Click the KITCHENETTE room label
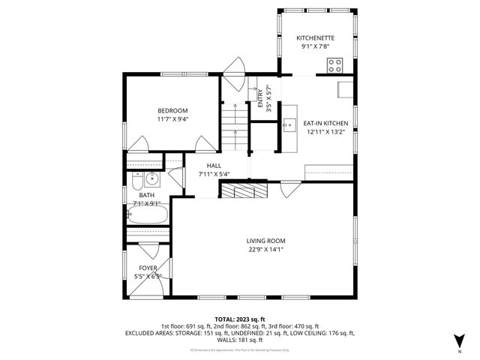(x=315, y=37)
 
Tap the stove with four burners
(x=334, y=65)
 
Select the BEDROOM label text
(x=172, y=110)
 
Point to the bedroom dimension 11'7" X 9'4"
(x=172, y=118)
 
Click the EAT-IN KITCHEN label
(x=325, y=123)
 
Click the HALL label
(x=214, y=166)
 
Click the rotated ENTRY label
(x=260, y=100)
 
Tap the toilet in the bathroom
(x=137, y=183)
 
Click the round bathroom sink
(x=152, y=178)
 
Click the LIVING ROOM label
(x=266, y=241)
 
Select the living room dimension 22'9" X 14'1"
(x=266, y=250)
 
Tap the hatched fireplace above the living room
(x=242, y=190)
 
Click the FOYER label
(x=148, y=268)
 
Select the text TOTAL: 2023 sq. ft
(x=240, y=319)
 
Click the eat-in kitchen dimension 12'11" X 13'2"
(x=325, y=132)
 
